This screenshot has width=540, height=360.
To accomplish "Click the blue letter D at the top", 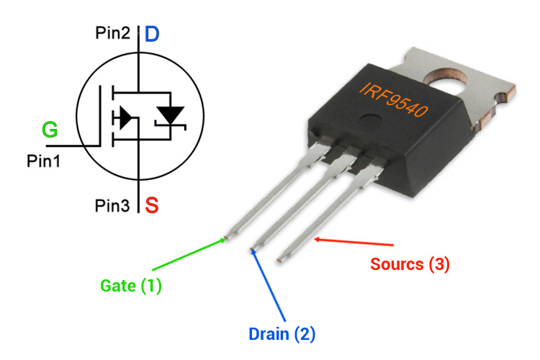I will pos(153,33).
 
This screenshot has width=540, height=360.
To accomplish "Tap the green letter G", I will pos(50,130).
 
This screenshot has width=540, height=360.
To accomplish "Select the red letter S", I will pos(152,206).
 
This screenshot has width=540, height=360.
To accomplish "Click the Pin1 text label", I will pos(44,160).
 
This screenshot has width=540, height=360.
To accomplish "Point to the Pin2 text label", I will pos(112,33).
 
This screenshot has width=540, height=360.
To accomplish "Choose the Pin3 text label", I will pos(112,207).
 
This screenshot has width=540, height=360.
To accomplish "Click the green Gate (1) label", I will pos(131,286).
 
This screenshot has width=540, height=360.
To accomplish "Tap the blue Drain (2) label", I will pos(282,334).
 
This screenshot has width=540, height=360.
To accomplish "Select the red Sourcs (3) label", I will pos(410,264).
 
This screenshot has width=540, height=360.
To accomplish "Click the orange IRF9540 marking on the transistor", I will pos(392,100).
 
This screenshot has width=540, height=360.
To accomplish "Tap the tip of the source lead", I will pos(280,257).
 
